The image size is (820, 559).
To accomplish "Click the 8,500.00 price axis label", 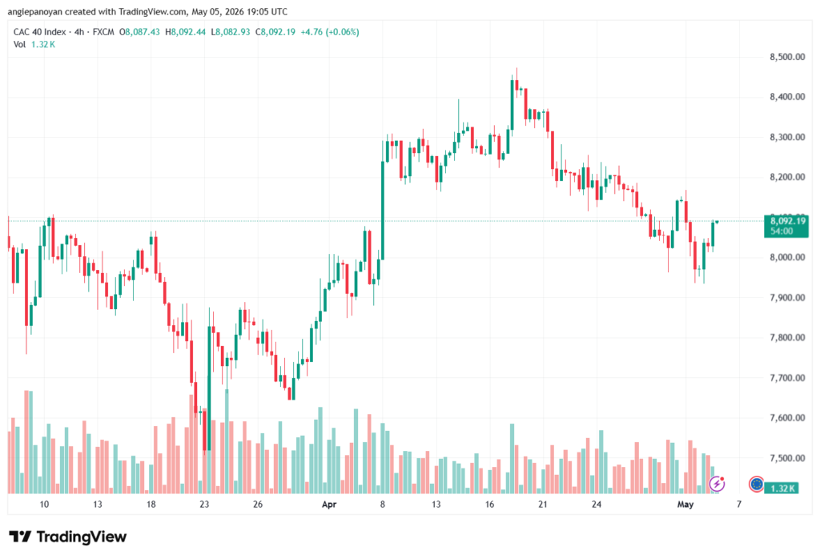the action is click(787, 57).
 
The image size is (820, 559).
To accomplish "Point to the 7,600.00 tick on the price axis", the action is click(787, 417).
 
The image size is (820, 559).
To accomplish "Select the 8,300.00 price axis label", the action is click(787, 137).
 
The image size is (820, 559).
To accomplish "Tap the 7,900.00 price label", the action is click(787, 297).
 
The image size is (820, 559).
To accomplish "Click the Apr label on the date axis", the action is click(329, 504).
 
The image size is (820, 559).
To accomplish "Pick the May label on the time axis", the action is click(685, 504).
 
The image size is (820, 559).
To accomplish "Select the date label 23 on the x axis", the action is click(204, 504).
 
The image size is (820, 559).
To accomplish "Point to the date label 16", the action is click(489, 504).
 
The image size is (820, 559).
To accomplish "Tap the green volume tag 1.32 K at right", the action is click(782, 488).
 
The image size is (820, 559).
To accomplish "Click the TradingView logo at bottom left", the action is click(68, 537).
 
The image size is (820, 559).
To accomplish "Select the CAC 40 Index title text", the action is click(40, 32).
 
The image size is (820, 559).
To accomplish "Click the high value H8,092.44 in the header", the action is click(186, 32).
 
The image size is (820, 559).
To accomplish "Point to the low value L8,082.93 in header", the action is click(231, 32).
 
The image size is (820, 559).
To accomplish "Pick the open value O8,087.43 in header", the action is click(139, 32).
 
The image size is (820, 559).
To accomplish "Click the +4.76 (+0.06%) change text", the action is click(329, 32).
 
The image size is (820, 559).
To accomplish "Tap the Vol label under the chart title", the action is click(19, 45).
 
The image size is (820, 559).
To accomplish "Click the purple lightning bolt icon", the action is click(717, 484).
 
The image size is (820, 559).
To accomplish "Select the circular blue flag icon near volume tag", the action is click(756, 484).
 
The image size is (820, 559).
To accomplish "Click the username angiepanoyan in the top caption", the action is click(35, 11).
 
